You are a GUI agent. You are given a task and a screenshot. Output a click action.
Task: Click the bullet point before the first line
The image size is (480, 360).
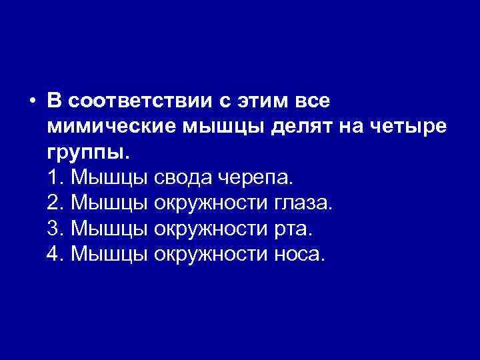coord(31,101)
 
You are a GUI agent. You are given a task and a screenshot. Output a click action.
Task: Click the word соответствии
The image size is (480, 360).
coord(142,101)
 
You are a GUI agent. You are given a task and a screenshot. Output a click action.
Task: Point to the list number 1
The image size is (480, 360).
coord(56,177)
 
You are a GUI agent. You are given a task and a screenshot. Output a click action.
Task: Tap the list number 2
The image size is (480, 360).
coord(56,203)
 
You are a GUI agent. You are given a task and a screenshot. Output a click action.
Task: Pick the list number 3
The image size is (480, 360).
coord(56,228)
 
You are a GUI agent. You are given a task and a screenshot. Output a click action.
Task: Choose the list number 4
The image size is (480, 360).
coord(56,253)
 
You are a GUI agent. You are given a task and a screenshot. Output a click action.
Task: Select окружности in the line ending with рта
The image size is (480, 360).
coord(208,228)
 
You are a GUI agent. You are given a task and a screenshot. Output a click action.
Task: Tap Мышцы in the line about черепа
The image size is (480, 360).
coord(109,177)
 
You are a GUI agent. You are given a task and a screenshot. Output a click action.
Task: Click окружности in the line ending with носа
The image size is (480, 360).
coord(208,253)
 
